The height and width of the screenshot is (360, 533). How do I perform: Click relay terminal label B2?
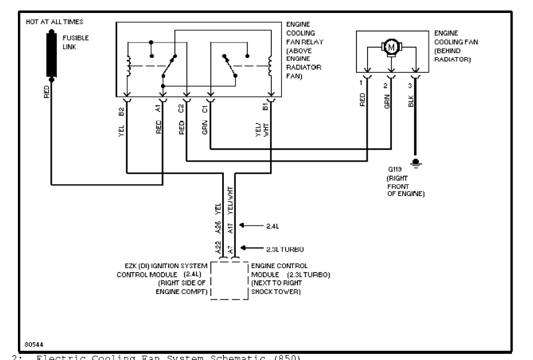pyautogui.click(x=122, y=111)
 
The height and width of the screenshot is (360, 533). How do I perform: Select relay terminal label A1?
pyautogui.click(x=159, y=111)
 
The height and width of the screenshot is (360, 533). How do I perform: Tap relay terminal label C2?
pyautogui.click(x=181, y=111)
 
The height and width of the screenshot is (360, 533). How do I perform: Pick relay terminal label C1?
pyautogui.click(x=205, y=111)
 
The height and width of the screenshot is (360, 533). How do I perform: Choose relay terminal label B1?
pyautogui.click(x=265, y=111)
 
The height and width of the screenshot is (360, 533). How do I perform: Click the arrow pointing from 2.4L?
pyautogui.click(x=250, y=226)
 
